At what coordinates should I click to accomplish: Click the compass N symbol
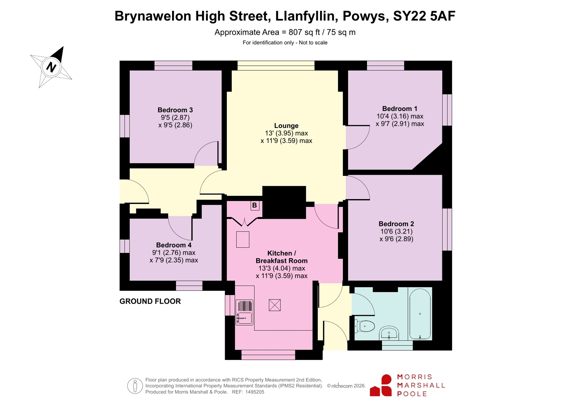[x=51, y=67]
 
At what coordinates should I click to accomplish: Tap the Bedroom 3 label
[x=175, y=110]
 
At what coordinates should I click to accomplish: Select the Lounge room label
[x=286, y=126]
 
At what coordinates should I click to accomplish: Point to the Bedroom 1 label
[x=400, y=109]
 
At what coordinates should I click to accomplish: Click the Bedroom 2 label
[x=396, y=224]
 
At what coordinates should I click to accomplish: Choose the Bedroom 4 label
[x=173, y=245]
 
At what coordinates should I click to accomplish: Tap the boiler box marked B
[x=255, y=205]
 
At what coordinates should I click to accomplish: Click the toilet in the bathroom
[x=365, y=326]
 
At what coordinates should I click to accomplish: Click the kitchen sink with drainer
[x=245, y=313]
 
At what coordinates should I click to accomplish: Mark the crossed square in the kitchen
[x=275, y=305]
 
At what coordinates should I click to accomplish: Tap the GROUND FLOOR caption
[x=150, y=301]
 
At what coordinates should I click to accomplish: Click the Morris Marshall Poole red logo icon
[x=381, y=385]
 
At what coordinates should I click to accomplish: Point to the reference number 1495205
[x=255, y=392]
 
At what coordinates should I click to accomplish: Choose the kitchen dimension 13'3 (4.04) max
[x=282, y=268]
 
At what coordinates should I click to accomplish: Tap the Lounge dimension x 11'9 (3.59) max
[x=286, y=141]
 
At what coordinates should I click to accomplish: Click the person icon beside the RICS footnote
[x=135, y=386]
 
